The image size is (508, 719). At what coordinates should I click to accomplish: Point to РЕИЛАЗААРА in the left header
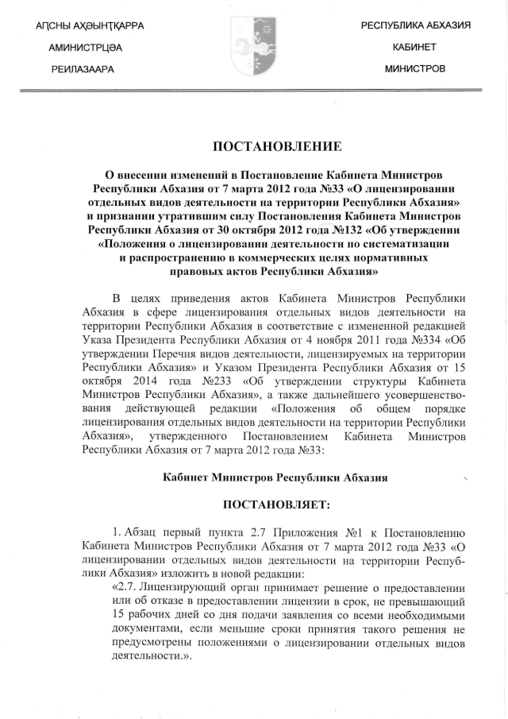pos(82,69)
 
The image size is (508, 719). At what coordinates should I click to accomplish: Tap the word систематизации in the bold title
pos(413,244)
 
